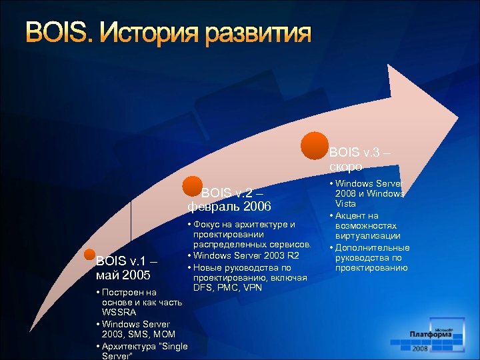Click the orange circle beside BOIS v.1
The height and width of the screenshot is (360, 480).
(90, 255)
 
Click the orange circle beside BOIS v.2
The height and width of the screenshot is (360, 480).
(192, 187)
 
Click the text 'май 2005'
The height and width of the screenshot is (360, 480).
(123, 275)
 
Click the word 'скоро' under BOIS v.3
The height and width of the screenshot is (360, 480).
(346, 167)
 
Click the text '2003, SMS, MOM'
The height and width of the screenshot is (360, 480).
(137, 334)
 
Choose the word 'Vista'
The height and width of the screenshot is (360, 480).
(345, 204)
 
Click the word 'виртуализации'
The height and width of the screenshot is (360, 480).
(368, 236)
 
